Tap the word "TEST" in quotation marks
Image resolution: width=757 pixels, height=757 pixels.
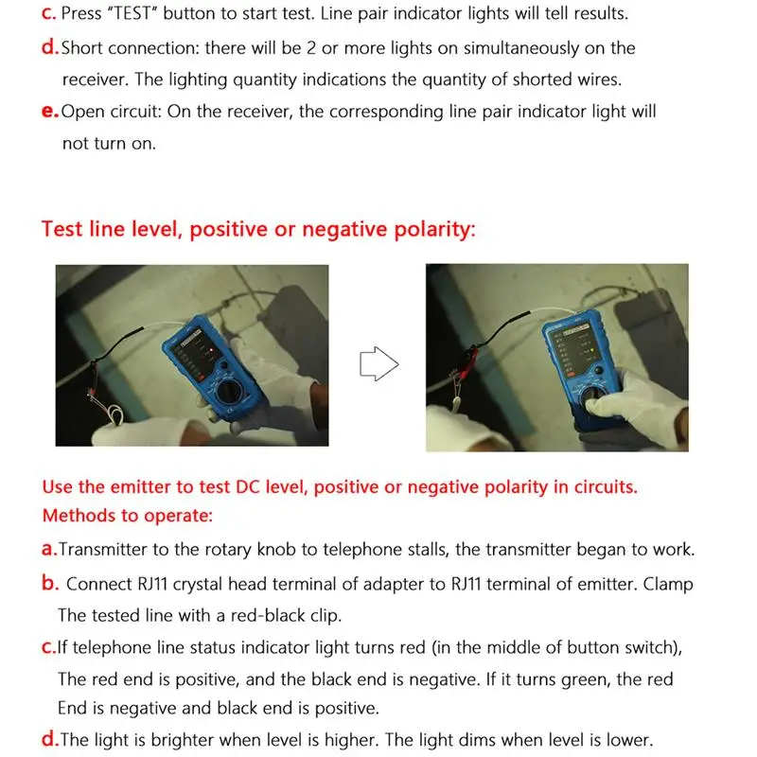coord(132,13)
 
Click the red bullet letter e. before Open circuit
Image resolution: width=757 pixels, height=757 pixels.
coord(50,112)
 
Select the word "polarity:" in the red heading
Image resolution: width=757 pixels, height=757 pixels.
coord(435,229)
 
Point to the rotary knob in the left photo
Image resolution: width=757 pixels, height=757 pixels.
coord(229,391)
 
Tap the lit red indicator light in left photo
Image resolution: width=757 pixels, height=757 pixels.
coord(211,349)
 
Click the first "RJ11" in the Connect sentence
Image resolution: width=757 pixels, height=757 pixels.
coord(152,584)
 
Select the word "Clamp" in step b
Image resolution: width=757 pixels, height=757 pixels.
coord(668,584)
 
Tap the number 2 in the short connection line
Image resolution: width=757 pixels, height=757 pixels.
coord(311,48)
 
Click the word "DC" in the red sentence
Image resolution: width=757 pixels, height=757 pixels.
coord(248,487)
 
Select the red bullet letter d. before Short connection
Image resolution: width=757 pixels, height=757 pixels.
coord(50,47)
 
